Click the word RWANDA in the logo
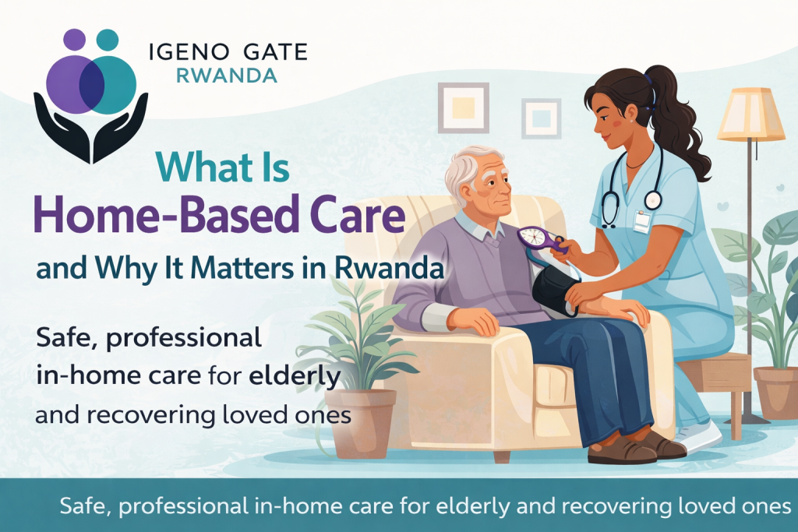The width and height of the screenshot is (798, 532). pos(227,76)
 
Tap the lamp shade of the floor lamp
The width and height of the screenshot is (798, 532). pos(751,115)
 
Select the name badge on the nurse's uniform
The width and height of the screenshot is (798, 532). pos(641,221)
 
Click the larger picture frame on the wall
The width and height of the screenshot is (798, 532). pos(463,107)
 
